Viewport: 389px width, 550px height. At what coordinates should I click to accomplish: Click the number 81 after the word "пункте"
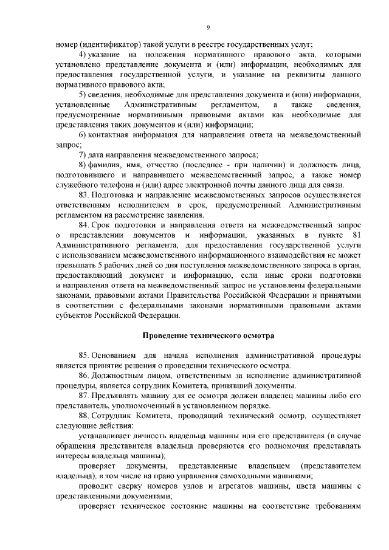(357, 235)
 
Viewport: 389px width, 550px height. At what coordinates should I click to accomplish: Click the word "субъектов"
(76, 315)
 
